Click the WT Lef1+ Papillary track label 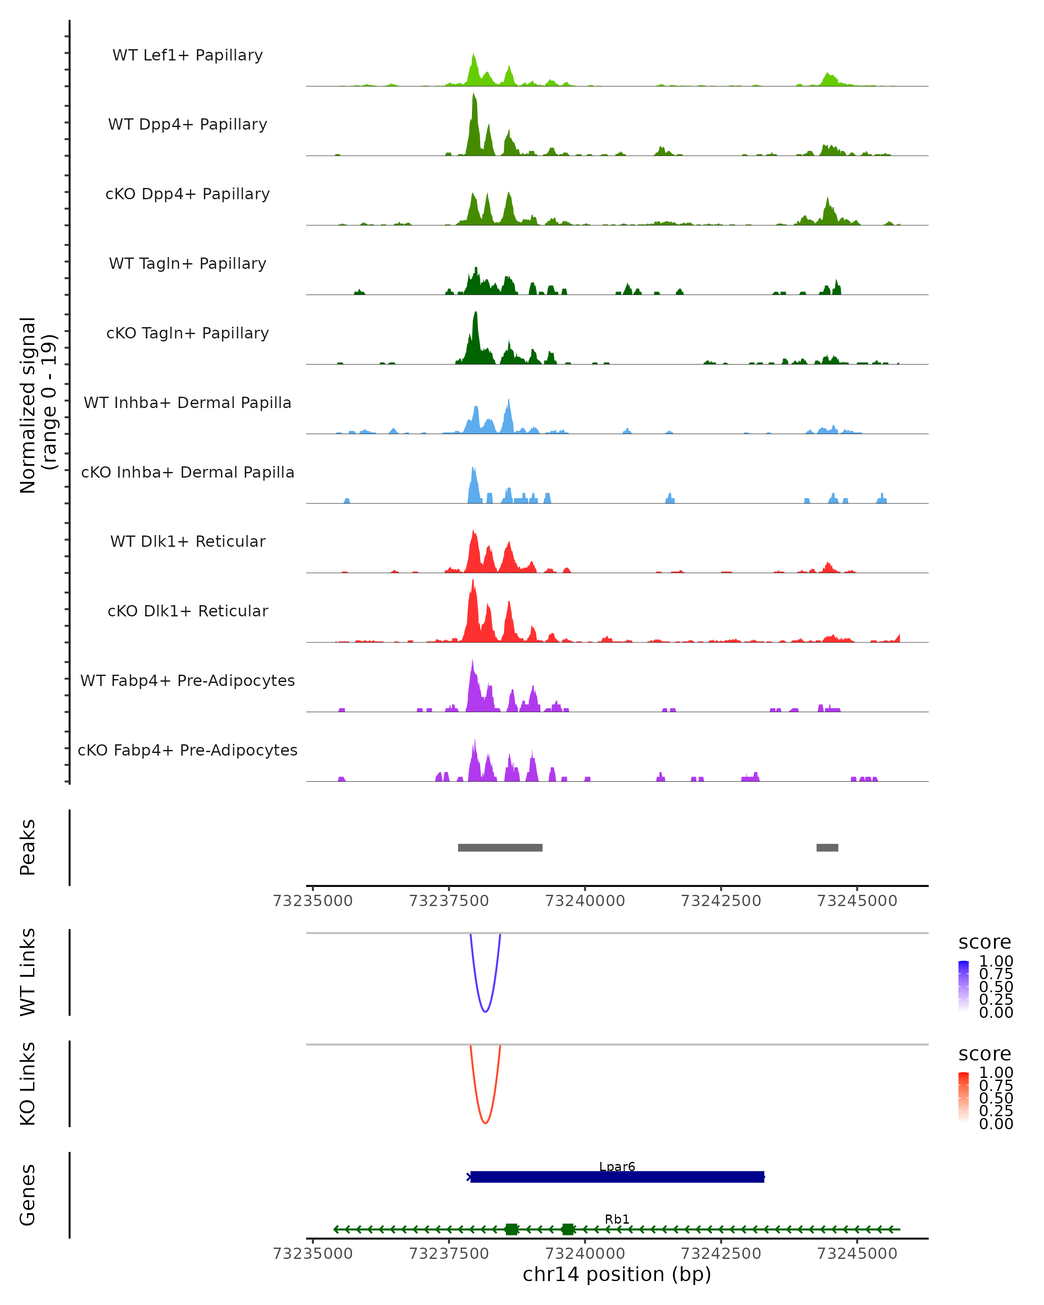point(187,55)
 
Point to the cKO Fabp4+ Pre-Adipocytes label point(187,750)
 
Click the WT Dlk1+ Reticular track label point(187,541)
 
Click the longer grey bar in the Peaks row point(500,847)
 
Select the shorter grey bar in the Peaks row point(827,847)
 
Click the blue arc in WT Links point(485,1010)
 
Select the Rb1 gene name point(617,1219)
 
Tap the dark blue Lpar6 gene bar point(617,1177)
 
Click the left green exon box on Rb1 point(512,1229)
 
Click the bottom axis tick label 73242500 point(721,1254)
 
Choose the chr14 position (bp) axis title point(617,1275)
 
